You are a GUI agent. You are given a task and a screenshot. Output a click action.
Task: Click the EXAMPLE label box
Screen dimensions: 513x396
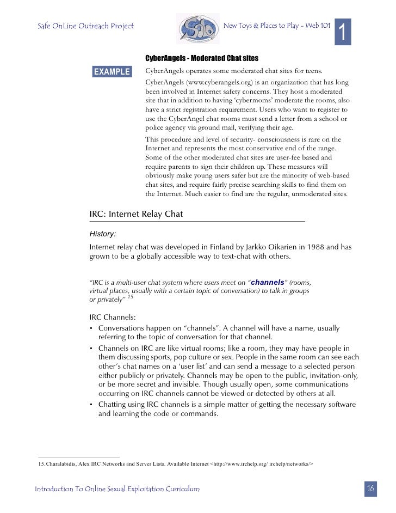coord(112,71)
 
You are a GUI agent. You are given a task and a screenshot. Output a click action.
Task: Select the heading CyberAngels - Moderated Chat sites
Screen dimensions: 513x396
coord(201,58)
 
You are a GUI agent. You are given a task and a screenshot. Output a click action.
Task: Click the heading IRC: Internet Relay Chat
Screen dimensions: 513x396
coord(136,214)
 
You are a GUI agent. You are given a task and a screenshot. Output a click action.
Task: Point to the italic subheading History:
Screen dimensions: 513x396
coord(102,234)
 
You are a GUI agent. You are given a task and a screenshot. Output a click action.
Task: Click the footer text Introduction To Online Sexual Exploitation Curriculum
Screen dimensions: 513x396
coord(117,490)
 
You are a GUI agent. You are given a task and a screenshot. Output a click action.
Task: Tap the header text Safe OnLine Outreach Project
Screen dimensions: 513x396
coord(85,26)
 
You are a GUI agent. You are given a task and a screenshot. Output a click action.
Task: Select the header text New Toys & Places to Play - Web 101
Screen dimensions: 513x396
coord(276,26)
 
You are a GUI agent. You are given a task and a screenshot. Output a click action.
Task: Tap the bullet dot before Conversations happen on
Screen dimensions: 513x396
coord(92,328)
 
